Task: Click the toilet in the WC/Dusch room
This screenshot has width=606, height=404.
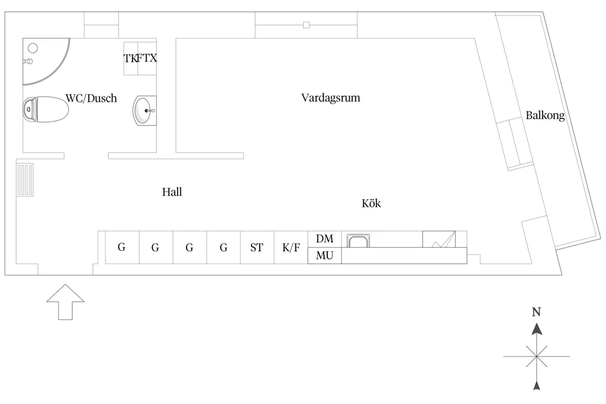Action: coord(45,110)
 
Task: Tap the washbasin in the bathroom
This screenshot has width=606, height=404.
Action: coord(144,111)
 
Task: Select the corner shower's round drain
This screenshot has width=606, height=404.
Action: coord(33,48)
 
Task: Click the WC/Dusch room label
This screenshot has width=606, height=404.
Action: coord(91,98)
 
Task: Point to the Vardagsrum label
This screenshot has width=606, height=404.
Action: coord(330,98)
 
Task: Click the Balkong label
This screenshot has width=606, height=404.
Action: coord(545,116)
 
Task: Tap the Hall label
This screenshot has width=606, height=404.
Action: coord(172,192)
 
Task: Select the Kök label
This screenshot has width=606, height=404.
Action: coord(371,203)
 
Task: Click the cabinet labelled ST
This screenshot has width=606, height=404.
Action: coord(257,247)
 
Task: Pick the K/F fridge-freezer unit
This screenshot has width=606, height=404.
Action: coord(291,247)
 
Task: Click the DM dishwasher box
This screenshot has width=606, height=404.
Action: coord(325,239)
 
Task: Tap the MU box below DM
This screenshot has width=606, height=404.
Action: coord(325,255)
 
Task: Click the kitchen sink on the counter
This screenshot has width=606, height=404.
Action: coord(358,241)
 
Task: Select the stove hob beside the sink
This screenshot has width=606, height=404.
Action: coord(439,239)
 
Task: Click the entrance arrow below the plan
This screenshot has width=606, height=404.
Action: coord(65,302)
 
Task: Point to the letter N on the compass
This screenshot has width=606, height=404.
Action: coord(536,312)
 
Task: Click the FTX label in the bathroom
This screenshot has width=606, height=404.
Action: coord(147,58)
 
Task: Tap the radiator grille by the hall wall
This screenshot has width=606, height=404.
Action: coord(25,179)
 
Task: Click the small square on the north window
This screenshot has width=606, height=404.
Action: coord(306,25)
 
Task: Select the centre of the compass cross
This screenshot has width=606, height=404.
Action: coord(536,357)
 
